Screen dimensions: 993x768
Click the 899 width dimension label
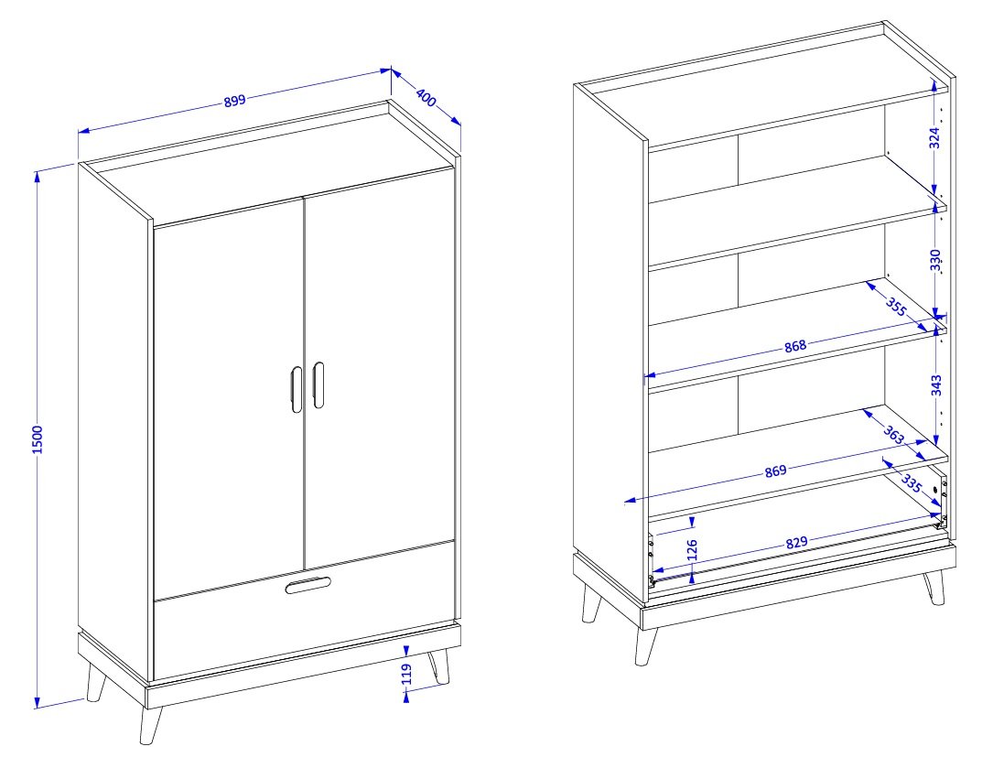point(235,100)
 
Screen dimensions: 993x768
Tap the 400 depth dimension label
point(426,97)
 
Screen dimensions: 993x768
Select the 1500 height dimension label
point(38,439)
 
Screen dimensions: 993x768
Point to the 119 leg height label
point(406,674)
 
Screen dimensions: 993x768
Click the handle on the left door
point(297,389)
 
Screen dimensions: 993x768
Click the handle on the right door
point(318,384)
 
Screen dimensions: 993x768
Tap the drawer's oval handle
point(308,586)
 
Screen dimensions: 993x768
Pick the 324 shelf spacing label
point(934,137)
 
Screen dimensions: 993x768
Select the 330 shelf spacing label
point(935,260)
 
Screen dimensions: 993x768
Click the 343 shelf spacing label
point(936,385)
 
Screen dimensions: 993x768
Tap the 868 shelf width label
point(794,345)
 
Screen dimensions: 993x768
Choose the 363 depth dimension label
point(893,436)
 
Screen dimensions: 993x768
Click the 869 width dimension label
point(775,471)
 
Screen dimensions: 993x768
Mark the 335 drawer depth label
point(911,483)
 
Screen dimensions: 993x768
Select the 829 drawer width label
point(796,543)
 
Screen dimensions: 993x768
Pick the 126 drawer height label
point(692,548)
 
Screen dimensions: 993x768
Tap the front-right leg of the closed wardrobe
point(439,666)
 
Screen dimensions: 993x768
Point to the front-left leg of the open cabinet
point(646,645)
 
